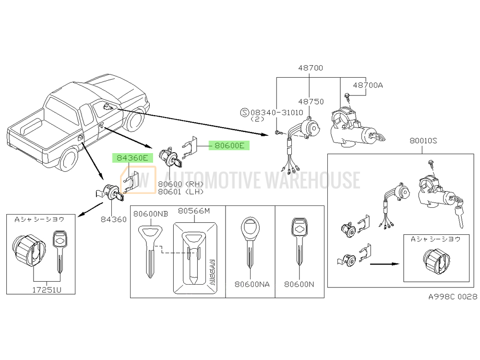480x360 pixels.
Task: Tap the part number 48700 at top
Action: click(x=310, y=68)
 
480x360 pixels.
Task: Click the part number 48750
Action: click(x=311, y=102)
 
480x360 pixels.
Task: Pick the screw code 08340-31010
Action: click(x=276, y=112)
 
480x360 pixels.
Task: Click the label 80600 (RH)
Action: click(x=180, y=184)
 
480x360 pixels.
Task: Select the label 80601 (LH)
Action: click(x=180, y=192)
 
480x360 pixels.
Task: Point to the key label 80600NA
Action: click(x=252, y=284)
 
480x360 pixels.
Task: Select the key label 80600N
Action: click(x=299, y=284)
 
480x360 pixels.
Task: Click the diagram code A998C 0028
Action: click(x=453, y=297)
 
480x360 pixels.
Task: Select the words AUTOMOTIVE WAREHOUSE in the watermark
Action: click(x=262, y=180)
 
